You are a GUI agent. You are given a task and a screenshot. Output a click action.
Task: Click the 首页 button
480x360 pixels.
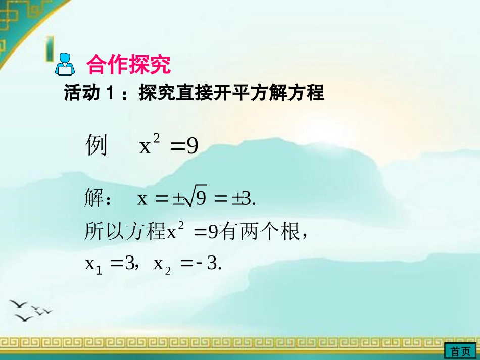(x=460, y=351)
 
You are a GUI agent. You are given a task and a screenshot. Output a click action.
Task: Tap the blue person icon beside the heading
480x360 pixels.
(x=65, y=64)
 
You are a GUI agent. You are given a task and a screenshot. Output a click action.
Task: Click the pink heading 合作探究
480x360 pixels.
(x=129, y=64)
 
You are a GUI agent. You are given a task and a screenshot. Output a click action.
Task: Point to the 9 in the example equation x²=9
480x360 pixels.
(x=192, y=147)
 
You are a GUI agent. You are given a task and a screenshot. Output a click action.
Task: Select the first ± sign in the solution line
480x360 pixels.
(x=177, y=200)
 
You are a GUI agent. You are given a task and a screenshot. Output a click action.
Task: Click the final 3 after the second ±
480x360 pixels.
(x=247, y=200)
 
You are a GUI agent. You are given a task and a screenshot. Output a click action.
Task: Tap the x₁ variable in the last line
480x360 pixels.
(x=93, y=264)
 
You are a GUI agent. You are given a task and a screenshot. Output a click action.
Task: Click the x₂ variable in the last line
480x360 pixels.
(x=162, y=264)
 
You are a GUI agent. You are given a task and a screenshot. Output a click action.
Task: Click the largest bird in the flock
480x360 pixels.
(x=18, y=304)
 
